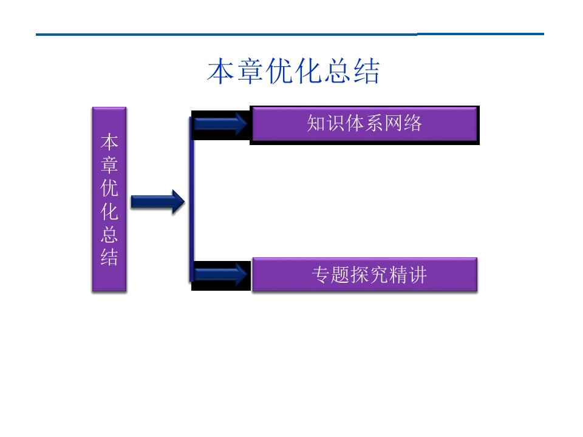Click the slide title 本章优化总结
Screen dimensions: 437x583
pos(293,72)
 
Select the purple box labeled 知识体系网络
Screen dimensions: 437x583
pos(364,124)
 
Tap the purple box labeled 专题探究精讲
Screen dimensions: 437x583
pos(364,275)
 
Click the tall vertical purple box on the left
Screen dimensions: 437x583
pos(109,199)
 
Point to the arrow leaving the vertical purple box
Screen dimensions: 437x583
pos(157,202)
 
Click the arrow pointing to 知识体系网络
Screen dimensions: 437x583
pos(220,124)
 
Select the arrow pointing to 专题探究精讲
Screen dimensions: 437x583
pos(220,274)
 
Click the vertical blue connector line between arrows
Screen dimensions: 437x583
pos(191,200)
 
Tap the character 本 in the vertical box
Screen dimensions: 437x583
pos(109,143)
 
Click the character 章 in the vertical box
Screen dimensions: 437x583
pos(109,165)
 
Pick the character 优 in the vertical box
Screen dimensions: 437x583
pos(109,188)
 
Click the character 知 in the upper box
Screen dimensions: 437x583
pos(316,124)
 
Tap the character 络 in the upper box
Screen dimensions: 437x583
pos(412,124)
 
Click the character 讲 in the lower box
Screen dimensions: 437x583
pos(418,275)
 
